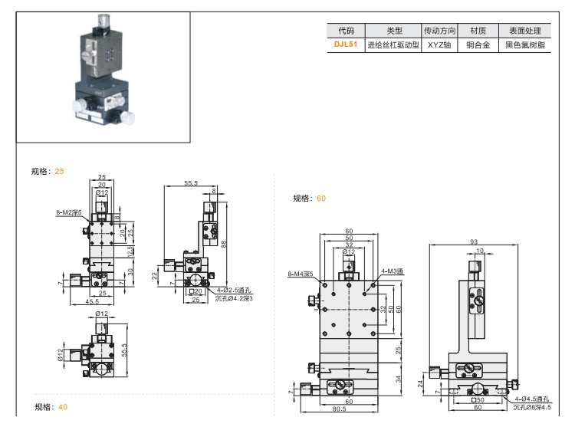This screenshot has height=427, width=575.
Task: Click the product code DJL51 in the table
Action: pyautogui.click(x=346, y=45)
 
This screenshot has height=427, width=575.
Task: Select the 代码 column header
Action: pyautogui.click(x=346, y=31)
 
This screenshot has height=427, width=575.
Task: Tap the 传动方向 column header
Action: pyautogui.click(x=440, y=31)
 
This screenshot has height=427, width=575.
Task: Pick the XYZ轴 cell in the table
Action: pyautogui.click(x=440, y=45)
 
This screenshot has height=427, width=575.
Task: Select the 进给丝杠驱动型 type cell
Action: pyautogui.click(x=393, y=45)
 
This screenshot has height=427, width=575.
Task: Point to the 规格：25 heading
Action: pyautogui.click(x=48, y=172)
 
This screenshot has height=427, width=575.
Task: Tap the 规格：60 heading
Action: pyautogui.click(x=310, y=199)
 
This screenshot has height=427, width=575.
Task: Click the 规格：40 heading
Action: pyautogui.click(x=51, y=407)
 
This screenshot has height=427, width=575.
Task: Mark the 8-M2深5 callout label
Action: pyautogui.click(x=68, y=212)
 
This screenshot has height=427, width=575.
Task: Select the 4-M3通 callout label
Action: pyautogui.click(x=392, y=271)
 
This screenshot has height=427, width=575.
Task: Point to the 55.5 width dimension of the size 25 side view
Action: pyautogui.click(x=191, y=183)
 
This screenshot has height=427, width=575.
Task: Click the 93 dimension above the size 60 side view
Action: pyautogui.click(x=474, y=242)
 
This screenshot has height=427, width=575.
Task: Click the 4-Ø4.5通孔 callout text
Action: pyautogui.click(x=533, y=399)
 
